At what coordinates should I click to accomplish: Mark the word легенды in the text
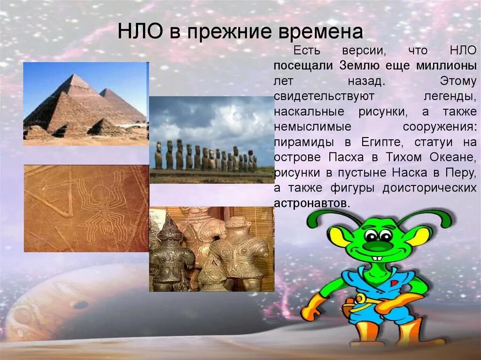451,96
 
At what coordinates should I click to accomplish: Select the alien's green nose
379,245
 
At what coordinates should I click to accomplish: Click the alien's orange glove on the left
310,308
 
